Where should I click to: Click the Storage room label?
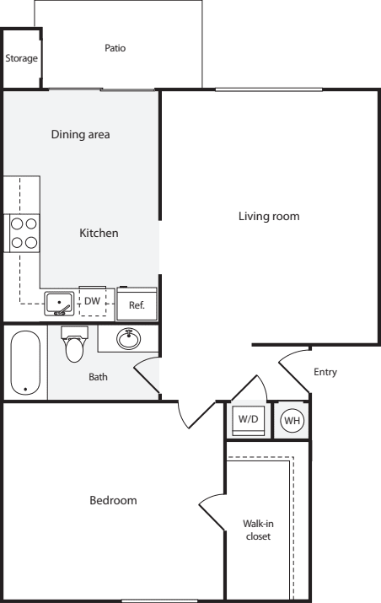[x=22, y=58]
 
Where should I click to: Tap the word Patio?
[x=115, y=48]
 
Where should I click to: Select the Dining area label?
[x=80, y=134]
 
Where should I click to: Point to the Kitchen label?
[x=99, y=233]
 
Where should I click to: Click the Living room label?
[x=269, y=216]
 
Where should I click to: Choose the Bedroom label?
[x=113, y=500]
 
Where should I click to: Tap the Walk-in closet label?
[x=258, y=530]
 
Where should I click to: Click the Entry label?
[x=325, y=372]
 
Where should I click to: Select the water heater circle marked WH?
[x=292, y=420]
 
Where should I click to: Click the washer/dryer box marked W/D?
[x=249, y=420]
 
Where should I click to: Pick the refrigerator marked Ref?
[x=137, y=304]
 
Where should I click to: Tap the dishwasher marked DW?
[x=92, y=301]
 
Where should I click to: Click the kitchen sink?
[x=59, y=304]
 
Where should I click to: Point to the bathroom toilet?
[x=74, y=344]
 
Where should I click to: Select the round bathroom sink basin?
[x=128, y=338]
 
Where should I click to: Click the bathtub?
[x=25, y=363]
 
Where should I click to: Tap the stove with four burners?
[x=24, y=233]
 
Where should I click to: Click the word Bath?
[x=98, y=377]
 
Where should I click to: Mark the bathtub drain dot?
[x=25, y=389]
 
